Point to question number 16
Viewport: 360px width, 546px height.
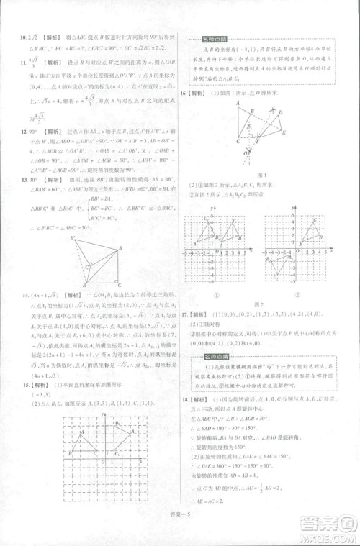pos(184,93)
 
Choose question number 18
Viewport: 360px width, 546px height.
pos(184,399)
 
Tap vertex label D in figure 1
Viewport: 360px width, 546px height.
pos(279,112)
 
